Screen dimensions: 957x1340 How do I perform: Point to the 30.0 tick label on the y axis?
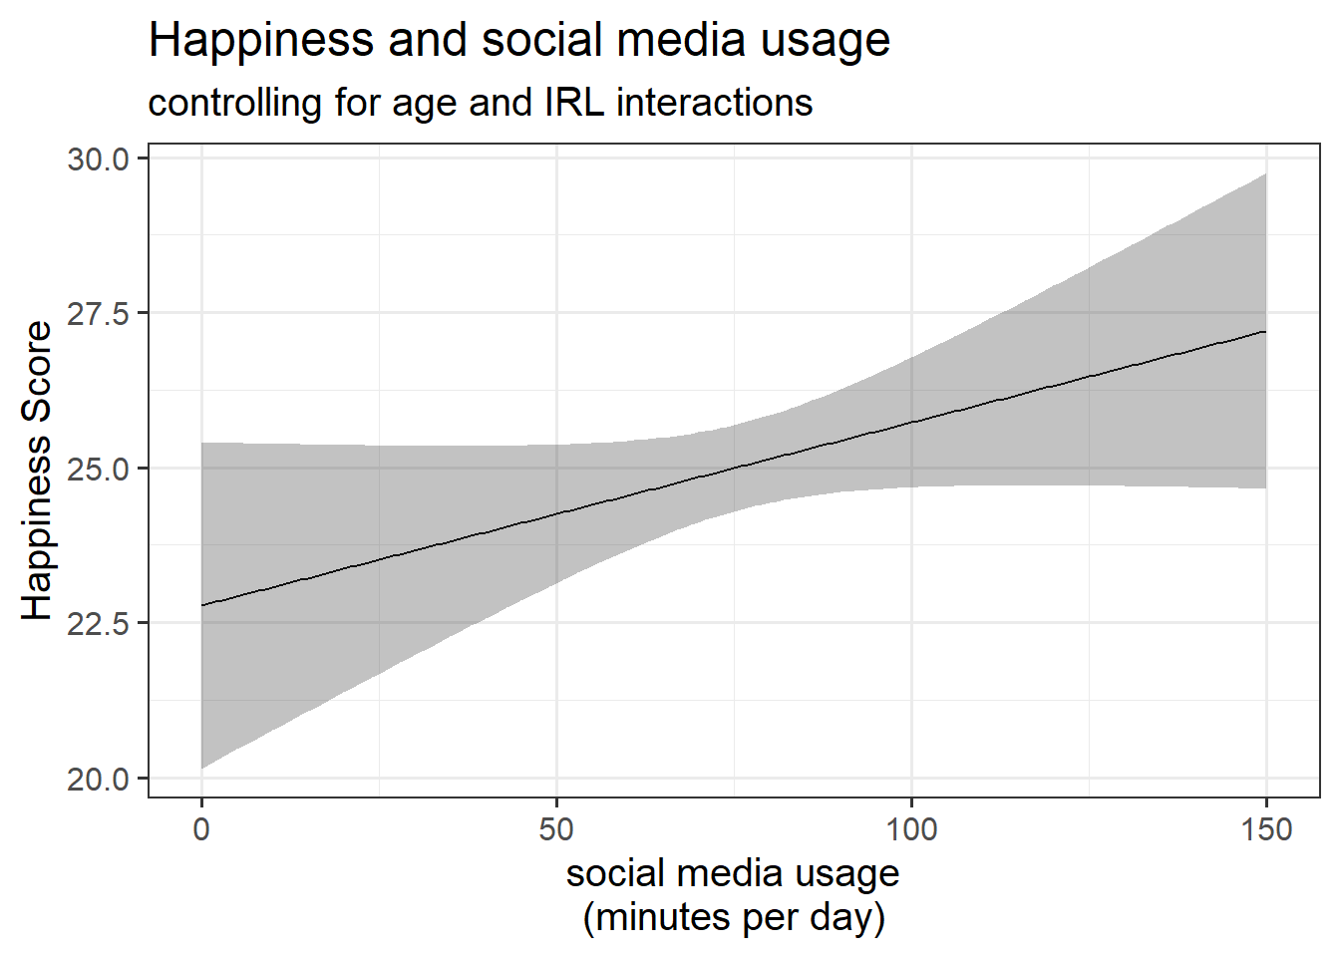click(x=99, y=159)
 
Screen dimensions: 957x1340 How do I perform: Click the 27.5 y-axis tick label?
click(x=99, y=314)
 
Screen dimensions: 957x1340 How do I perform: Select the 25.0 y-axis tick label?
click(x=99, y=469)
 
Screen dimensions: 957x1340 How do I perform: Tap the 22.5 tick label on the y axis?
click(x=99, y=624)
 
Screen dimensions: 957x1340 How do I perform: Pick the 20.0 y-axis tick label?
click(x=99, y=779)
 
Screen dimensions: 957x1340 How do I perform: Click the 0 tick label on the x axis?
click(x=201, y=829)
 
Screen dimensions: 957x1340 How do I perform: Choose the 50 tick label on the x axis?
click(x=556, y=829)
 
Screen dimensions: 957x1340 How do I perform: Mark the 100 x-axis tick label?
click(x=911, y=829)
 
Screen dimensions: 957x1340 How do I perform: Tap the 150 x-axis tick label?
click(x=1266, y=829)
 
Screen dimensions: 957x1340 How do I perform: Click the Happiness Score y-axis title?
click(x=38, y=471)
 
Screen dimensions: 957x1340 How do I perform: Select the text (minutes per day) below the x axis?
click(x=734, y=917)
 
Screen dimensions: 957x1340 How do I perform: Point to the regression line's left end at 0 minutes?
click(x=202, y=605)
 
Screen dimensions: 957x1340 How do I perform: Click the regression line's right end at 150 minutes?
click(x=1265, y=331)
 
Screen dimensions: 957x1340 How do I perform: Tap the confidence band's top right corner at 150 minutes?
click(x=1264, y=175)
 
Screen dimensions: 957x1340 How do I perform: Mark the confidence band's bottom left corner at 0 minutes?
click(x=203, y=767)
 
